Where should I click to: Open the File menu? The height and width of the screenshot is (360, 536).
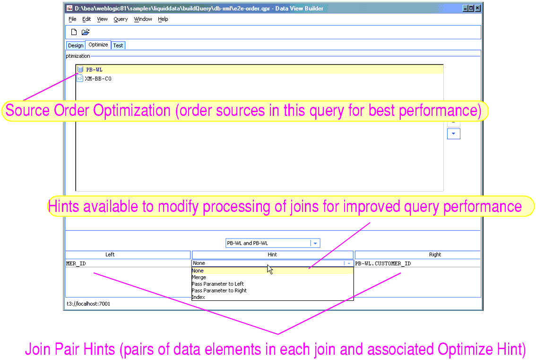point(72,19)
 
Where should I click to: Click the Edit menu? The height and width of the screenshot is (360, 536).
point(86,19)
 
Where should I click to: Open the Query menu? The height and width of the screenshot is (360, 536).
point(121,19)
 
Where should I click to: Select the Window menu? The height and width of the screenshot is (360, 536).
point(143,19)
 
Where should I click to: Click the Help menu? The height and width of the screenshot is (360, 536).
point(163,19)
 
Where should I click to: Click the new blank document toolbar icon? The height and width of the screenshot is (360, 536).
point(74,32)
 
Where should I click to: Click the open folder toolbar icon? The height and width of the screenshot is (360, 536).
point(86,32)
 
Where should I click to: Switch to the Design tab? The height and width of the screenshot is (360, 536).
point(76,45)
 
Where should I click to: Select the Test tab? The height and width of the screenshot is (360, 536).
point(118,45)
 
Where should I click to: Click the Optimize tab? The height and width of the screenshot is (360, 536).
point(98,45)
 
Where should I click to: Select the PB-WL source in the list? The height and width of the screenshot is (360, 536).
point(94,70)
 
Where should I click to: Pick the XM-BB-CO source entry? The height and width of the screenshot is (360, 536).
point(98,79)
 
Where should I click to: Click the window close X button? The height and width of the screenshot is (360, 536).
point(478,8)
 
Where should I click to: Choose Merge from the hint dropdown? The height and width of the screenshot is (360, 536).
point(199,277)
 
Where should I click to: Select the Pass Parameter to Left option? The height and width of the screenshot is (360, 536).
point(217,284)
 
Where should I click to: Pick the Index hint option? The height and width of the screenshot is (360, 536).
point(198,297)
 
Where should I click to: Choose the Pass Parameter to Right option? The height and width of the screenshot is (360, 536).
point(219,290)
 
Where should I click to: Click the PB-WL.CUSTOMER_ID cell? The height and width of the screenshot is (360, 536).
point(383,263)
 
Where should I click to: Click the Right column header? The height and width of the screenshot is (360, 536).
point(435,255)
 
